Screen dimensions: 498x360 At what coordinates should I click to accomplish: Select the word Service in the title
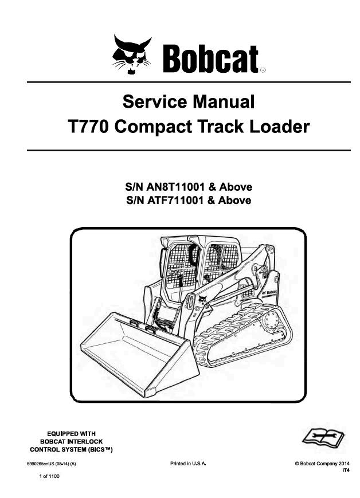(154, 103)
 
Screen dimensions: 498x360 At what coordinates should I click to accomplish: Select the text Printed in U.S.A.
(188, 463)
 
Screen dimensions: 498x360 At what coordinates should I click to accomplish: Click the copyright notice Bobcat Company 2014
(322, 463)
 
